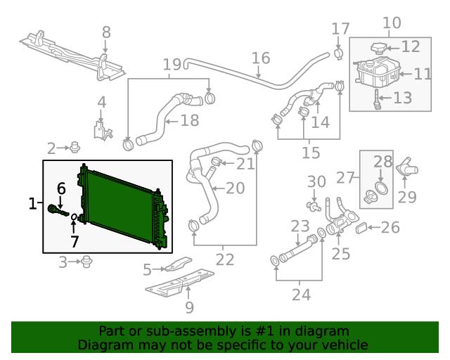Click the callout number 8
click(x=105, y=32)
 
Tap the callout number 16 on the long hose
click(x=260, y=58)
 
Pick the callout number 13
click(x=402, y=98)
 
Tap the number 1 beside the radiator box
click(x=32, y=204)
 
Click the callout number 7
click(x=75, y=242)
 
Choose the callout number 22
click(x=225, y=259)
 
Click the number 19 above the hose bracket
click(x=172, y=65)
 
